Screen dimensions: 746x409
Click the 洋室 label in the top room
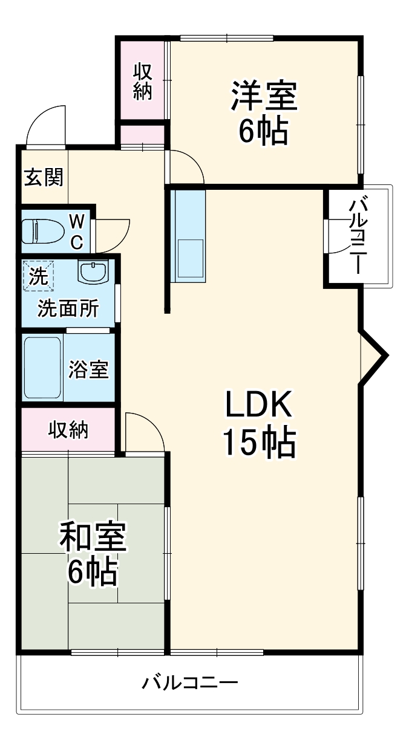pyautogui.click(x=263, y=97)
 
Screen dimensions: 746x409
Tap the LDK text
pyautogui.click(x=259, y=406)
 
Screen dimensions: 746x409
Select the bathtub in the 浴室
pyautogui.click(x=42, y=368)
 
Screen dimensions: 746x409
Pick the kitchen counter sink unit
pyautogui.click(x=189, y=236)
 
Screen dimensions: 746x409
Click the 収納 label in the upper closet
pyautogui.click(x=142, y=82)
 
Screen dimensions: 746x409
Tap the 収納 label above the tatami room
pyautogui.click(x=68, y=430)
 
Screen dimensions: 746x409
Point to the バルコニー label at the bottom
pyautogui.click(x=190, y=684)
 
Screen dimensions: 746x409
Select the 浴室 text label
pyautogui.click(x=88, y=370)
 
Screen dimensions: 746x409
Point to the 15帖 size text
pyautogui.click(x=259, y=443)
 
